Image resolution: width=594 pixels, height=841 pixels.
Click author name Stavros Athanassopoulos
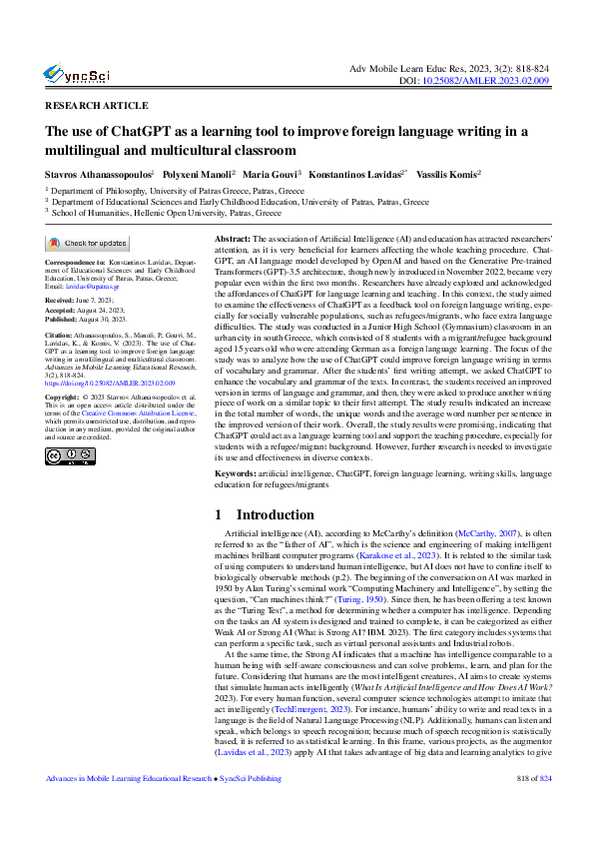point(99,173)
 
